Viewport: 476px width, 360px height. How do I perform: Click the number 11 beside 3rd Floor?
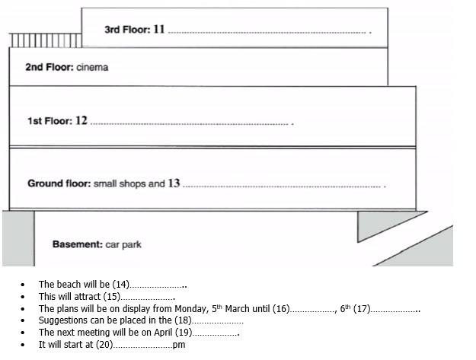click(x=158, y=30)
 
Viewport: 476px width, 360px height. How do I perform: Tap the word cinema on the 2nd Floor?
click(x=92, y=67)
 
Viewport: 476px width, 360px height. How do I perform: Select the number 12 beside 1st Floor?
click(x=81, y=121)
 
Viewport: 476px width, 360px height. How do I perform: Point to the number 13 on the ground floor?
click(x=174, y=183)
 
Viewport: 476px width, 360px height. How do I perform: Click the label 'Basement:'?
click(x=77, y=244)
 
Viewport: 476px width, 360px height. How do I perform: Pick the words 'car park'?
click(x=123, y=244)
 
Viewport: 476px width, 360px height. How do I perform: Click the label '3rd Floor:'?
click(x=126, y=30)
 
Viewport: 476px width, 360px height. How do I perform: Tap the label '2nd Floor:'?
click(x=49, y=67)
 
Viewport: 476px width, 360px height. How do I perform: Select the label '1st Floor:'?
click(x=50, y=121)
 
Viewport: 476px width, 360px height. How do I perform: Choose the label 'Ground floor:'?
click(x=59, y=183)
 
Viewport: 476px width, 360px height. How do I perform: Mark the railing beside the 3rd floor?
click(x=46, y=40)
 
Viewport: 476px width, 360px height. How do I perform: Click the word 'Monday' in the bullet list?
click(x=172, y=308)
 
